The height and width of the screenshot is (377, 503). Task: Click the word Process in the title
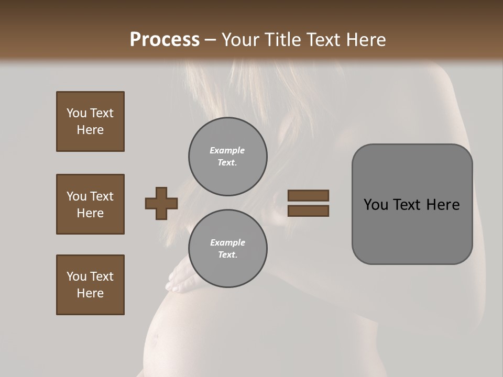[x=165, y=40]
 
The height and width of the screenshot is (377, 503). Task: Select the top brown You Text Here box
[x=90, y=121]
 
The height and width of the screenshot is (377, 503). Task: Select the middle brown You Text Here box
[x=90, y=204]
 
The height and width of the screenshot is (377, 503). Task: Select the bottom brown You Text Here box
[x=90, y=285]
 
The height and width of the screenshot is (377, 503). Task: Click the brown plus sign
[x=161, y=203]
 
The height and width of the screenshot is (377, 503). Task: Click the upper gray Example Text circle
[x=228, y=157]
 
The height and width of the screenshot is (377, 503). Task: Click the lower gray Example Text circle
[x=228, y=249]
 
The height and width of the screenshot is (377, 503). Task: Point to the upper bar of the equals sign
[x=309, y=195]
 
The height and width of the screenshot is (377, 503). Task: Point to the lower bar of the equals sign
[x=309, y=211]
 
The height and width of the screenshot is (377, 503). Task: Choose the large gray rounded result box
[x=412, y=204]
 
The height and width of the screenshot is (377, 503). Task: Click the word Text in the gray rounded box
[x=407, y=205]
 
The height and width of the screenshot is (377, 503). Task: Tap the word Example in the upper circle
[x=227, y=150]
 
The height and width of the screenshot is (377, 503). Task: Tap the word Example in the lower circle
[x=227, y=242]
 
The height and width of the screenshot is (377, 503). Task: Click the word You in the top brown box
[x=76, y=113]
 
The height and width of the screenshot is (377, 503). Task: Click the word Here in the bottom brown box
[x=90, y=293]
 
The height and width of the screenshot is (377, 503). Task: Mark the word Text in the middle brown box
[x=102, y=196]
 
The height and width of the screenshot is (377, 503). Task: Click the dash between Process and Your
[x=211, y=40]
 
